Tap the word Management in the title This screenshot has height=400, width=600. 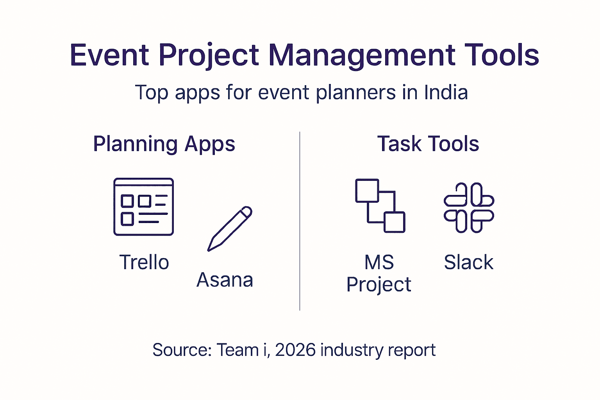click(x=362, y=55)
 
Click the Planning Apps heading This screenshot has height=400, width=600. click(x=164, y=144)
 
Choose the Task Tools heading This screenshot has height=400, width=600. click(x=428, y=144)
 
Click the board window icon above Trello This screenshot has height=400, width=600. click(x=143, y=207)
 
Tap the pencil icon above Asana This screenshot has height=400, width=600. click(x=229, y=229)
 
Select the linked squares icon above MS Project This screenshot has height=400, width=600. click(x=380, y=206)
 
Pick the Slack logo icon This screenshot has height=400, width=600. click(x=469, y=208)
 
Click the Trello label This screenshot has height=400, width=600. click(x=144, y=262)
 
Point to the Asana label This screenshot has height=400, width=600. click(x=225, y=280)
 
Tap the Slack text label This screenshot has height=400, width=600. click(x=468, y=262)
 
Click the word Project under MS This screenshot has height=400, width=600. click(x=379, y=284)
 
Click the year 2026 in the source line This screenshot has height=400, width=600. click(x=295, y=350)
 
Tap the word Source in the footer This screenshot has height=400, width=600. click(x=182, y=350)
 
